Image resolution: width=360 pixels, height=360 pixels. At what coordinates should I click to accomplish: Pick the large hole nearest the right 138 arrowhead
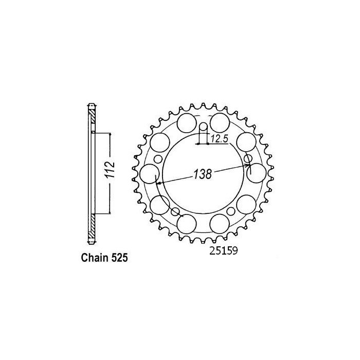point(257,172)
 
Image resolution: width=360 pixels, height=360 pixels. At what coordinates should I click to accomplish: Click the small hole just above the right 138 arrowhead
point(247,158)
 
